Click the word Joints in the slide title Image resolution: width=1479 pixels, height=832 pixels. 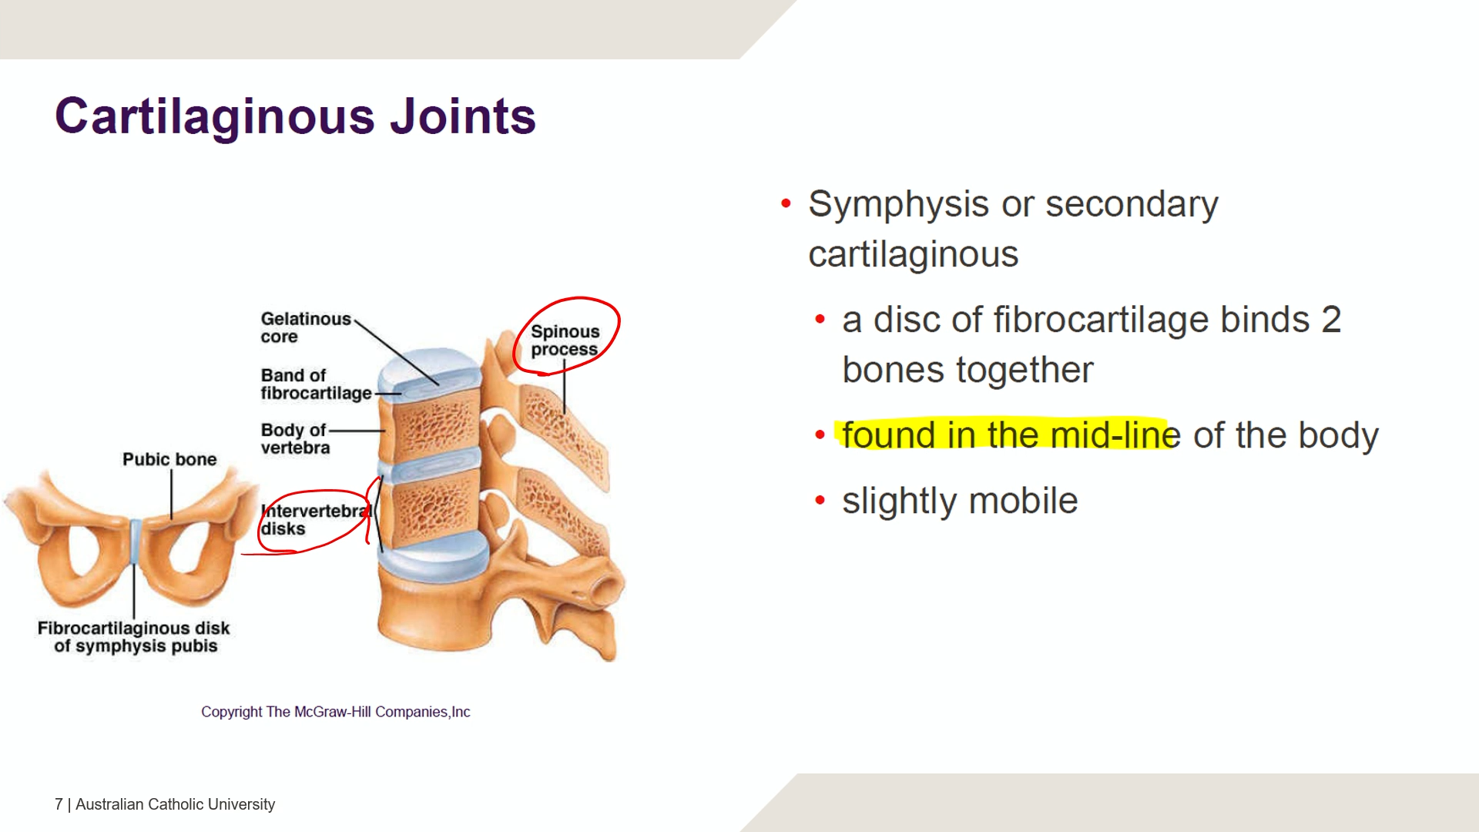pyautogui.click(x=463, y=117)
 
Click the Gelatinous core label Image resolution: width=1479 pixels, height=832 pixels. pyautogui.click(x=306, y=327)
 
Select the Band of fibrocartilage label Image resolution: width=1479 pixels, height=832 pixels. pyautogui.click(x=316, y=384)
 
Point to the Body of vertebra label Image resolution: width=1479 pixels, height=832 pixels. pyautogui.click(x=295, y=438)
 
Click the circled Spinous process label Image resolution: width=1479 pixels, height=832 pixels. pyautogui.click(x=565, y=341)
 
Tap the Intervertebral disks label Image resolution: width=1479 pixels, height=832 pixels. pyautogui.click(x=316, y=520)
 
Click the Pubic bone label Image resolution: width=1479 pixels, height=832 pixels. pyautogui.click(x=169, y=459)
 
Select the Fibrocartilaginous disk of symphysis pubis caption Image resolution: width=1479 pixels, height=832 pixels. pyautogui.click(x=134, y=637)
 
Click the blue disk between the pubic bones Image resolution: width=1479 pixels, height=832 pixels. pyautogui.click(x=136, y=543)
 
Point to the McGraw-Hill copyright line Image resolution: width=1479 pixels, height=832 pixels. pyautogui.click(x=336, y=712)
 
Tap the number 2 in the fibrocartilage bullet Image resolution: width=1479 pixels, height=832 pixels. pyautogui.click(x=1331, y=319)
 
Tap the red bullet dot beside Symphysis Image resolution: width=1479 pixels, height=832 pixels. pyautogui.click(x=786, y=203)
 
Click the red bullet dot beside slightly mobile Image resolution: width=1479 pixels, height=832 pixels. pyautogui.click(x=820, y=501)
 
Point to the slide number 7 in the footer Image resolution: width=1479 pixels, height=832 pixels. pyautogui.click(x=59, y=804)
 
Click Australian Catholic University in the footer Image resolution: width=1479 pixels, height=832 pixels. pyautogui.click(x=175, y=804)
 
